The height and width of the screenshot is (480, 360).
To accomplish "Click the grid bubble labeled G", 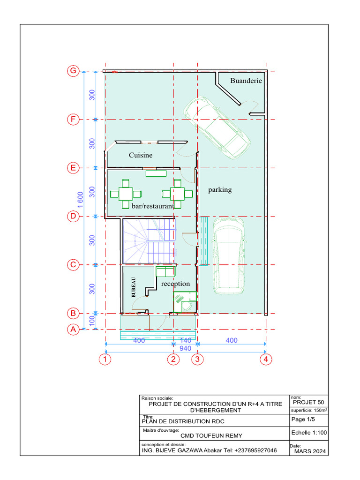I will (x=73, y=71).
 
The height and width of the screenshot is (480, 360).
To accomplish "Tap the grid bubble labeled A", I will (x=73, y=330).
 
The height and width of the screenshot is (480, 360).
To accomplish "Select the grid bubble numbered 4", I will (x=266, y=360).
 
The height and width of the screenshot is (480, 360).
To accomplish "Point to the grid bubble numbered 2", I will (x=173, y=360).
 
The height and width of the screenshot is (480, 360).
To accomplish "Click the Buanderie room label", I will (x=246, y=81).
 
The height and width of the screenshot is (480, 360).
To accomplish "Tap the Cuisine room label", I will (x=141, y=155).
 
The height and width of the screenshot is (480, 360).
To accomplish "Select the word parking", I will (x=220, y=190).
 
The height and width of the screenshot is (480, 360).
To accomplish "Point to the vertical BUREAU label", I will (x=133, y=287).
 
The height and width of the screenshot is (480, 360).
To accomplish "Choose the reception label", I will (x=175, y=284).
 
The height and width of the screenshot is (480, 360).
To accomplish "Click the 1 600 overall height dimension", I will (x=80, y=200).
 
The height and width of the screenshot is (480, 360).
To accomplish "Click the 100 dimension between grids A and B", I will (x=92, y=321).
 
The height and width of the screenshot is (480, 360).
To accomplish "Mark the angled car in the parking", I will (x=217, y=127).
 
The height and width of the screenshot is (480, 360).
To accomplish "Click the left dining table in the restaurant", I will (x=125, y=194).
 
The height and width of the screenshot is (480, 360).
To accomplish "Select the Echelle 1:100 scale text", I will (x=308, y=433).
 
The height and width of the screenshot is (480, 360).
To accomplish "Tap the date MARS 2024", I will (x=309, y=451).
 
